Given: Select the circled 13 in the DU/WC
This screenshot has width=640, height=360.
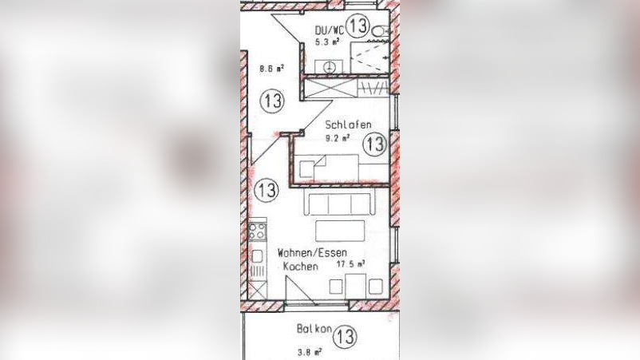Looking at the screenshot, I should pos(358,25).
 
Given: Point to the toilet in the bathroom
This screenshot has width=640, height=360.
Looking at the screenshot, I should pos(381,30).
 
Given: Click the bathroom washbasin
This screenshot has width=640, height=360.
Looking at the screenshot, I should pos(329,66).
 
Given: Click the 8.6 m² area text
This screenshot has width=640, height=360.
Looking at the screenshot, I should pos(271,69).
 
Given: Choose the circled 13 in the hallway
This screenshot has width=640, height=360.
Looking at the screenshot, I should pos(272,101).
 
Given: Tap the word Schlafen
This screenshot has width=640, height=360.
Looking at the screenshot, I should pos(348,125).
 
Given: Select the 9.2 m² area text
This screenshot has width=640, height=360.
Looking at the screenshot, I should pos(340,136).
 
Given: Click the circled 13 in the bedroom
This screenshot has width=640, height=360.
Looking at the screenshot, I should pos(374,144).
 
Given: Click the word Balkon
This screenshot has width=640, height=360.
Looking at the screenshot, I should pos(313,329).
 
